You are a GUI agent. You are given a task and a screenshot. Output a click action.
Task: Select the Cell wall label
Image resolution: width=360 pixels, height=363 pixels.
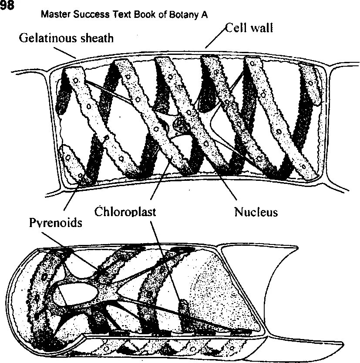pos(249,29)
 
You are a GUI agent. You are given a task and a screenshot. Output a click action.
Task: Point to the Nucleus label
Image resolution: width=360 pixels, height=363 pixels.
pos(256,212)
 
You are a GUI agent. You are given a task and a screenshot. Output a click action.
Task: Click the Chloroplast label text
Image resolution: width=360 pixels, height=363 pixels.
pos(125,212)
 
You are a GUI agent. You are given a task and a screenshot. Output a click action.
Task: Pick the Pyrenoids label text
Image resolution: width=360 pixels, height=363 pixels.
pos(55,223)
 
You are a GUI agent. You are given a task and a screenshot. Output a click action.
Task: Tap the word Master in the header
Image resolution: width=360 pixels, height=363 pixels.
pos(53,15)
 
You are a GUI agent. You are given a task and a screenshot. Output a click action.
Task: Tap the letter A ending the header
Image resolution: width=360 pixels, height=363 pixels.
pos(204,15)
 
